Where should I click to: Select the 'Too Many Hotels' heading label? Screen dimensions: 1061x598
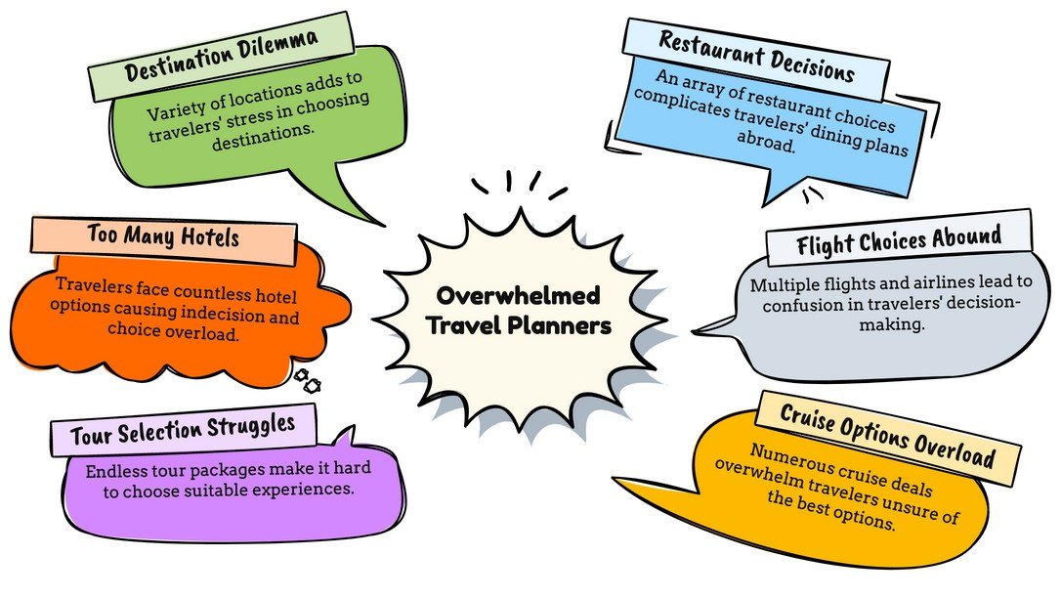(163, 236)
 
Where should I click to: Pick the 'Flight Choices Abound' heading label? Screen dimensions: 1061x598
(899, 237)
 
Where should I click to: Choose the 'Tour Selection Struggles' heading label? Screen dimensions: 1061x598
(183, 428)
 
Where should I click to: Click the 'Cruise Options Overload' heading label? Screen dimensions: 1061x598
(887, 438)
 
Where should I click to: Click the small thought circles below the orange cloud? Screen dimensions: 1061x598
(307, 380)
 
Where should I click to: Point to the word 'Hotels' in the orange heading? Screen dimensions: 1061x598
(207, 236)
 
